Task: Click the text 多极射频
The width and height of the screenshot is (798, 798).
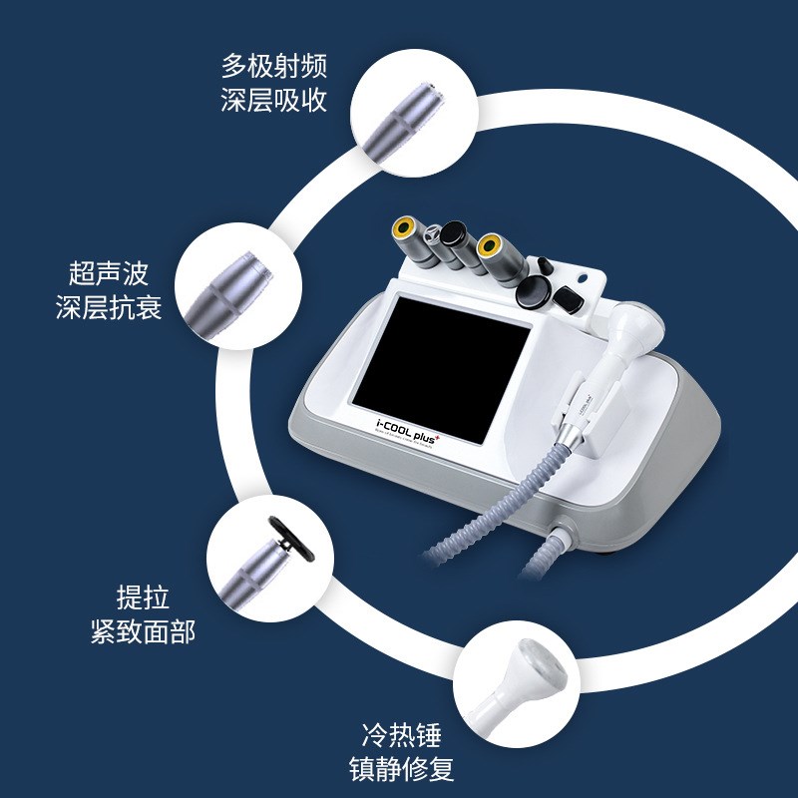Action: pyautogui.click(x=273, y=68)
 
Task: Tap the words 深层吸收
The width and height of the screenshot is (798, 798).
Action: pyautogui.click(x=273, y=101)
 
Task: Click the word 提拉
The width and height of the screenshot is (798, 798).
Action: pyautogui.click(x=143, y=598)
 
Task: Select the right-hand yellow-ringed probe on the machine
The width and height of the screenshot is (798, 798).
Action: pyautogui.click(x=488, y=244)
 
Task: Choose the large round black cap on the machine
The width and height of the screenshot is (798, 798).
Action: pyautogui.click(x=533, y=294)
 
